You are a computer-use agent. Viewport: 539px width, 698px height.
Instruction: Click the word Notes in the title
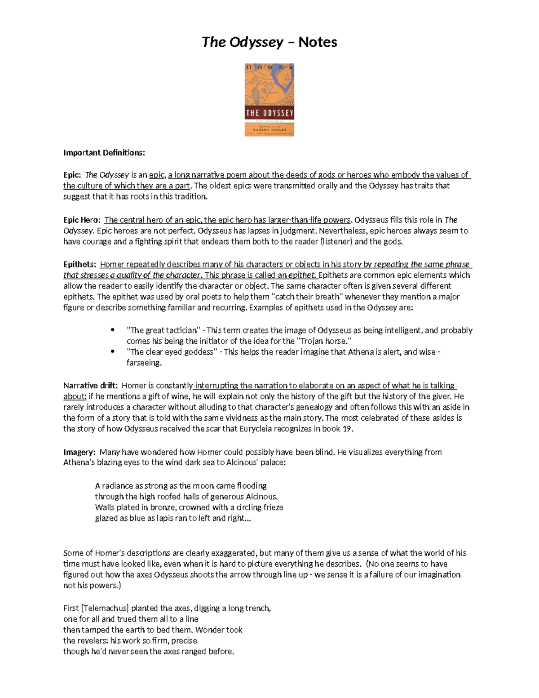click(318, 42)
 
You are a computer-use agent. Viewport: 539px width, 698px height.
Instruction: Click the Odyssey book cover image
click(269, 100)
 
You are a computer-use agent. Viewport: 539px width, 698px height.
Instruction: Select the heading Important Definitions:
click(104, 153)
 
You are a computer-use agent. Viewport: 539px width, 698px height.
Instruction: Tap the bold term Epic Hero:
click(82, 220)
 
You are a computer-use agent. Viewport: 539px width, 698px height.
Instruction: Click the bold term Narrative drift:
click(90, 386)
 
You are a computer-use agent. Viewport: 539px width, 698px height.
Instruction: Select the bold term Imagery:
click(79, 452)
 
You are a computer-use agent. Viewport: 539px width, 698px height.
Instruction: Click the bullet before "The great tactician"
click(112, 330)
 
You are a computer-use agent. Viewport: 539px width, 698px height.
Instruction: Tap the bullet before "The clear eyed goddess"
click(112, 352)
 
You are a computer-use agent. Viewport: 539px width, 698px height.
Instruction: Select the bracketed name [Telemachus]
click(105, 609)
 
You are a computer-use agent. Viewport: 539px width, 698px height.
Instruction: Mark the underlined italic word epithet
click(302, 275)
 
